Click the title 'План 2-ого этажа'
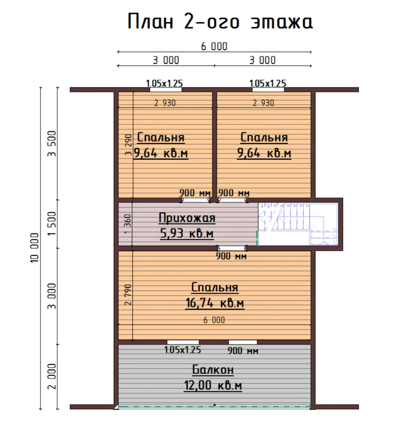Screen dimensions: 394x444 (x=220, y=21)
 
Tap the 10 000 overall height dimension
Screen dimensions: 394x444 (x=34, y=248)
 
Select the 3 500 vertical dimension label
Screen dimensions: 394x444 (x=52, y=143)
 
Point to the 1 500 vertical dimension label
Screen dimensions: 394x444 (x=52, y=224)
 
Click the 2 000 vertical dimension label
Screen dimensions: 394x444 (x=52, y=376)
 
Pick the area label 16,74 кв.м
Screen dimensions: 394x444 (x=215, y=303)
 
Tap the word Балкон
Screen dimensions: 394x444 (x=213, y=370)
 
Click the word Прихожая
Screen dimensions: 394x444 (x=187, y=218)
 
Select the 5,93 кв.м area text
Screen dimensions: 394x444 (x=187, y=234)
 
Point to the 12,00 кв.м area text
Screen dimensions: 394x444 (x=213, y=385)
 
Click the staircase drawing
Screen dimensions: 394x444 (x=298, y=224)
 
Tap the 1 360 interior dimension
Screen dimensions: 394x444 (x=128, y=224)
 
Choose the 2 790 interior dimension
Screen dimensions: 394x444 (x=128, y=294)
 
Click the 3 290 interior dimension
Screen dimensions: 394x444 (x=128, y=145)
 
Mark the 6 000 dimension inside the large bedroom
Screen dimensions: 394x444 (x=214, y=320)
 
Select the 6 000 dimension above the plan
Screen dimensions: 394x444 (x=214, y=46)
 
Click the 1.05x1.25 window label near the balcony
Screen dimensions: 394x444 (x=183, y=350)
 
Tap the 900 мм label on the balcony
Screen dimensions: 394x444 (x=243, y=351)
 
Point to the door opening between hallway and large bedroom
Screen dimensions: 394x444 (x=232, y=248)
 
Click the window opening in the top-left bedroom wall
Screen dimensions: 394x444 (x=166, y=90)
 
